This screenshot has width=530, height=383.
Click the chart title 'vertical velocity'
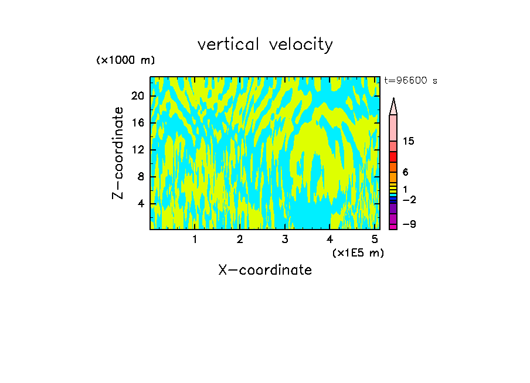click(265, 45)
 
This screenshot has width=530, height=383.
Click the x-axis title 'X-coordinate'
click(265, 270)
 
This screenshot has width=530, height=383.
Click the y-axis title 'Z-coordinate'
click(118, 153)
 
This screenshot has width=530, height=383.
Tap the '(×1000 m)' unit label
click(125, 60)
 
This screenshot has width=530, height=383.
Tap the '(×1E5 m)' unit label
click(358, 253)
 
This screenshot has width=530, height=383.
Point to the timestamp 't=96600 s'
click(410, 81)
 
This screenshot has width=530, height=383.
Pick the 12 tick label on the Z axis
click(137, 149)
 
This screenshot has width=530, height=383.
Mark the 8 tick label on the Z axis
click(141, 176)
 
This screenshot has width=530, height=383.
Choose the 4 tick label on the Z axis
click(141, 203)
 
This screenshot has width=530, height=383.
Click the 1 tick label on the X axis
click(195, 240)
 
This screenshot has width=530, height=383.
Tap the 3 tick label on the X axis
click(285, 240)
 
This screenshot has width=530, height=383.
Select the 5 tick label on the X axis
click(375, 240)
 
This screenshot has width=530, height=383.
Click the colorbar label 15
click(409, 142)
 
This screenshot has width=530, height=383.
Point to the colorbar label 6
click(406, 172)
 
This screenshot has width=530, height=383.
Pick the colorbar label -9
click(409, 224)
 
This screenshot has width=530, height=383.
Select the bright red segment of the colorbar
click(393, 157)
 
